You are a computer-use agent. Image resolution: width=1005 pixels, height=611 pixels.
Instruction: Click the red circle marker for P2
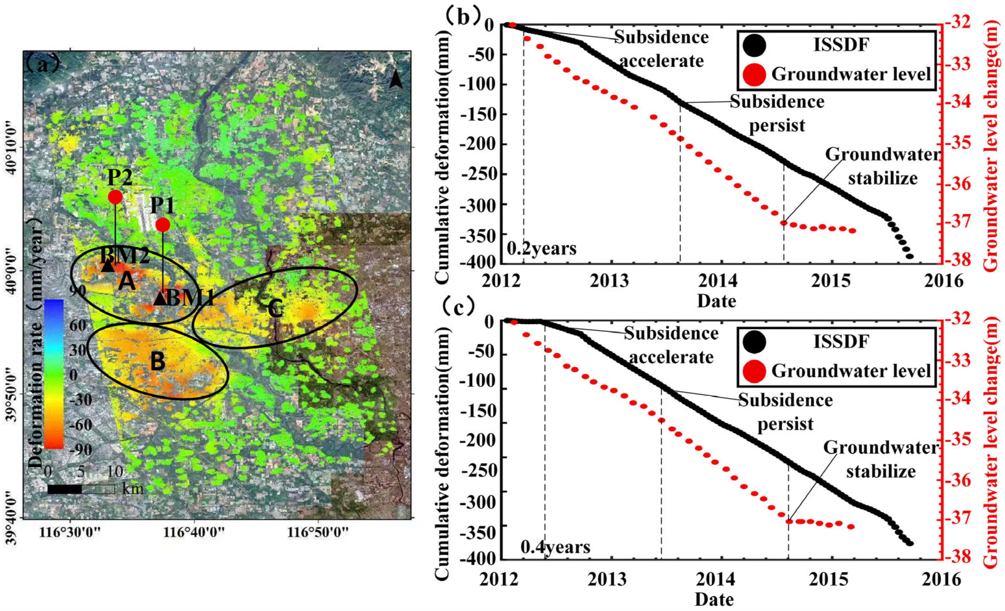click(115, 197)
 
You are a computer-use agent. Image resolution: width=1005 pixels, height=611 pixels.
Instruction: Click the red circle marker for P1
click(163, 224)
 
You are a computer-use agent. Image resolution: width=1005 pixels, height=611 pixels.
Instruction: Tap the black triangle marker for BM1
click(160, 299)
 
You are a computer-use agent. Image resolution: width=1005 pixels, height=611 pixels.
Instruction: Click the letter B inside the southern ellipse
click(158, 361)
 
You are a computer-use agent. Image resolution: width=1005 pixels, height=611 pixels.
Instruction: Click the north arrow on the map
click(396, 78)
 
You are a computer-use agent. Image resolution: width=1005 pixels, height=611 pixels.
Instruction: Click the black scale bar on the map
click(65, 489)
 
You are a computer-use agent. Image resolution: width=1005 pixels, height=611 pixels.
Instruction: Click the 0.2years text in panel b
click(542, 248)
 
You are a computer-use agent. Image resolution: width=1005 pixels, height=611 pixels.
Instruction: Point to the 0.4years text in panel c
click(555, 547)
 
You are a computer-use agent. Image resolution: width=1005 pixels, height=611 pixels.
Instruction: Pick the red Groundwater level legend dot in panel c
click(754, 371)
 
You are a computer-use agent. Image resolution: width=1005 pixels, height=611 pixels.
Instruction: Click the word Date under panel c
click(714, 600)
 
